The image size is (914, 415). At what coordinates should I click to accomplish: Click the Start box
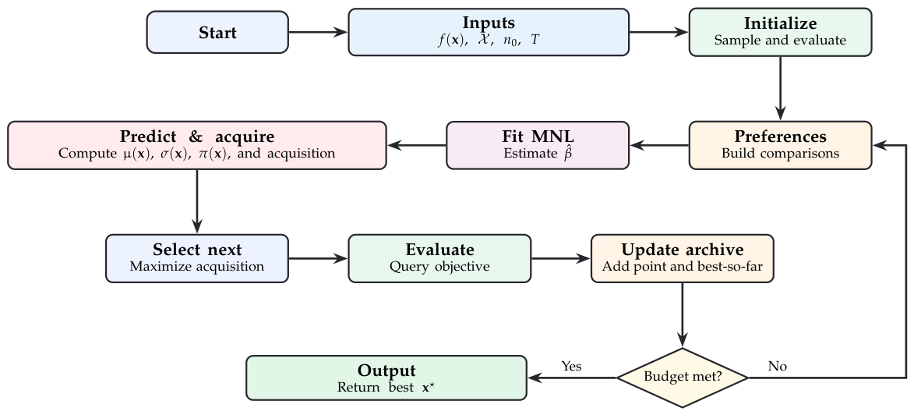(x=217, y=32)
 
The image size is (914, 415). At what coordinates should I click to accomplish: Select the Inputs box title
(x=489, y=23)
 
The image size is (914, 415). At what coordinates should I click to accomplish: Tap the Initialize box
(x=780, y=32)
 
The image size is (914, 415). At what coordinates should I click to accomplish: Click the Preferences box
(x=780, y=145)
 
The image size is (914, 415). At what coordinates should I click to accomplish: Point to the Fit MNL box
(x=538, y=145)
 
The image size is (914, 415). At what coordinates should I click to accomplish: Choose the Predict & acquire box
(x=197, y=145)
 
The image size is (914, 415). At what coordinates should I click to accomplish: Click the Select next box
(x=197, y=258)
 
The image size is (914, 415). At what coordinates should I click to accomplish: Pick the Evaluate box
(x=439, y=258)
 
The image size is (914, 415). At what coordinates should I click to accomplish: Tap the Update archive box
(x=682, y=258)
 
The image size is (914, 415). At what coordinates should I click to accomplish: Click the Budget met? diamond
(x=682, y=378)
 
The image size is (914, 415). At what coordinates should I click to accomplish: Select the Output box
(x=386, y=378)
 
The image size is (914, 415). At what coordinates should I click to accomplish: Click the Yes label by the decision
(x=571, y=366)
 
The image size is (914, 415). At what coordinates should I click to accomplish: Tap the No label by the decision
(x=777, y=366)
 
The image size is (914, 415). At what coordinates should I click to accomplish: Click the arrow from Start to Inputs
(x=318, y=32)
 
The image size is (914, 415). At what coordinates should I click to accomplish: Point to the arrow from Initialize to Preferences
(x=780, y=89)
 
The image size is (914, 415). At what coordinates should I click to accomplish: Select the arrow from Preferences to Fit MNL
(x=659, y=145)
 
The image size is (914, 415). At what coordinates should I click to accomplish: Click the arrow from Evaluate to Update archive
(x=561, y=258)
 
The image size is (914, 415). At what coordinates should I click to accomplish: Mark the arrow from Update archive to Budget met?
(x=682, y=316)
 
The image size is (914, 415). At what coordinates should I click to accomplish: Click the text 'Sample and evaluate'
(x=780, y=41)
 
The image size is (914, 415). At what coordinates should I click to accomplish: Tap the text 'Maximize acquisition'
(x=197, y=267)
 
